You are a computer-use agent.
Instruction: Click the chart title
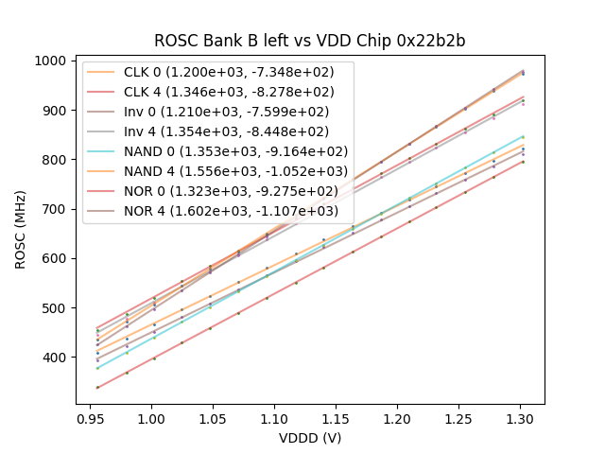click(x=310, y=41)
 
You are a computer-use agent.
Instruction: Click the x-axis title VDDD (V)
click(x=310, y=438)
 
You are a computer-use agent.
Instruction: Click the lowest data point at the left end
click(x=97, y=387)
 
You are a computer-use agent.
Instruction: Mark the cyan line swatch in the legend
click(x=102, y=150)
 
